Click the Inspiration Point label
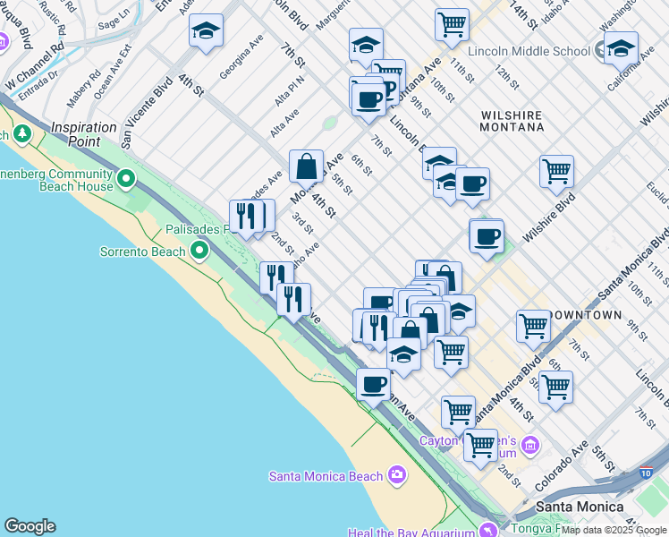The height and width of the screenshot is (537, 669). (84, 128)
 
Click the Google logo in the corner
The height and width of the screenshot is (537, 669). (30, 526)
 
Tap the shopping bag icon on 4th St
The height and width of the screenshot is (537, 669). (306, 166)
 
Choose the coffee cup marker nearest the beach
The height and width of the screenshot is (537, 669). (373, 385)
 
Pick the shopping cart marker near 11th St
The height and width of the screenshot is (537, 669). (452, 23)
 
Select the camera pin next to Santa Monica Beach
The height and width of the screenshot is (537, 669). (397, 476)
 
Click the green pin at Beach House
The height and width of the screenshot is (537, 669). (127, 180)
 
